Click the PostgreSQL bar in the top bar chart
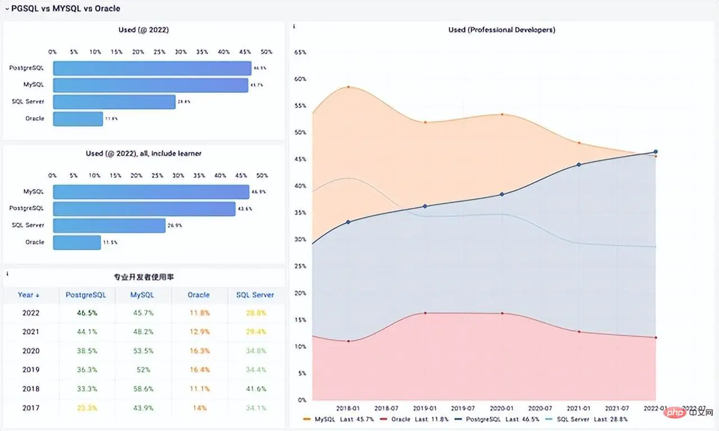(x=152, y=68)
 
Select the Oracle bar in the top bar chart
(x=78, y=119)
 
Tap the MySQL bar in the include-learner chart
(x=151, y=192)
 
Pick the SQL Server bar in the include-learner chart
(x=109, y=226)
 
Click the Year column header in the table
(x=29, y=295)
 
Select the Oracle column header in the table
(x=199, y=295)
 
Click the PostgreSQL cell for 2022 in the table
(x=87, y=313)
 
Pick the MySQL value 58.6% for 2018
(x=142, y=389)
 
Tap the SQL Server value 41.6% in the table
(x=255, y=389)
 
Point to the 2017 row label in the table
(x=31, y=408)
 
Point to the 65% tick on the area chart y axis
(x=301, y=52)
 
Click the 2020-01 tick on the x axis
(x=502, y=408)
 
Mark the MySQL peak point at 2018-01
(x=348, y=87)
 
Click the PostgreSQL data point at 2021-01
(x=579, y=164)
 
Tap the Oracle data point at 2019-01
(x=425, y=313)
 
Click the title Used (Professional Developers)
(x=502, y=30)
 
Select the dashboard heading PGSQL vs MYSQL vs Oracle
(x=65, y=8)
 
